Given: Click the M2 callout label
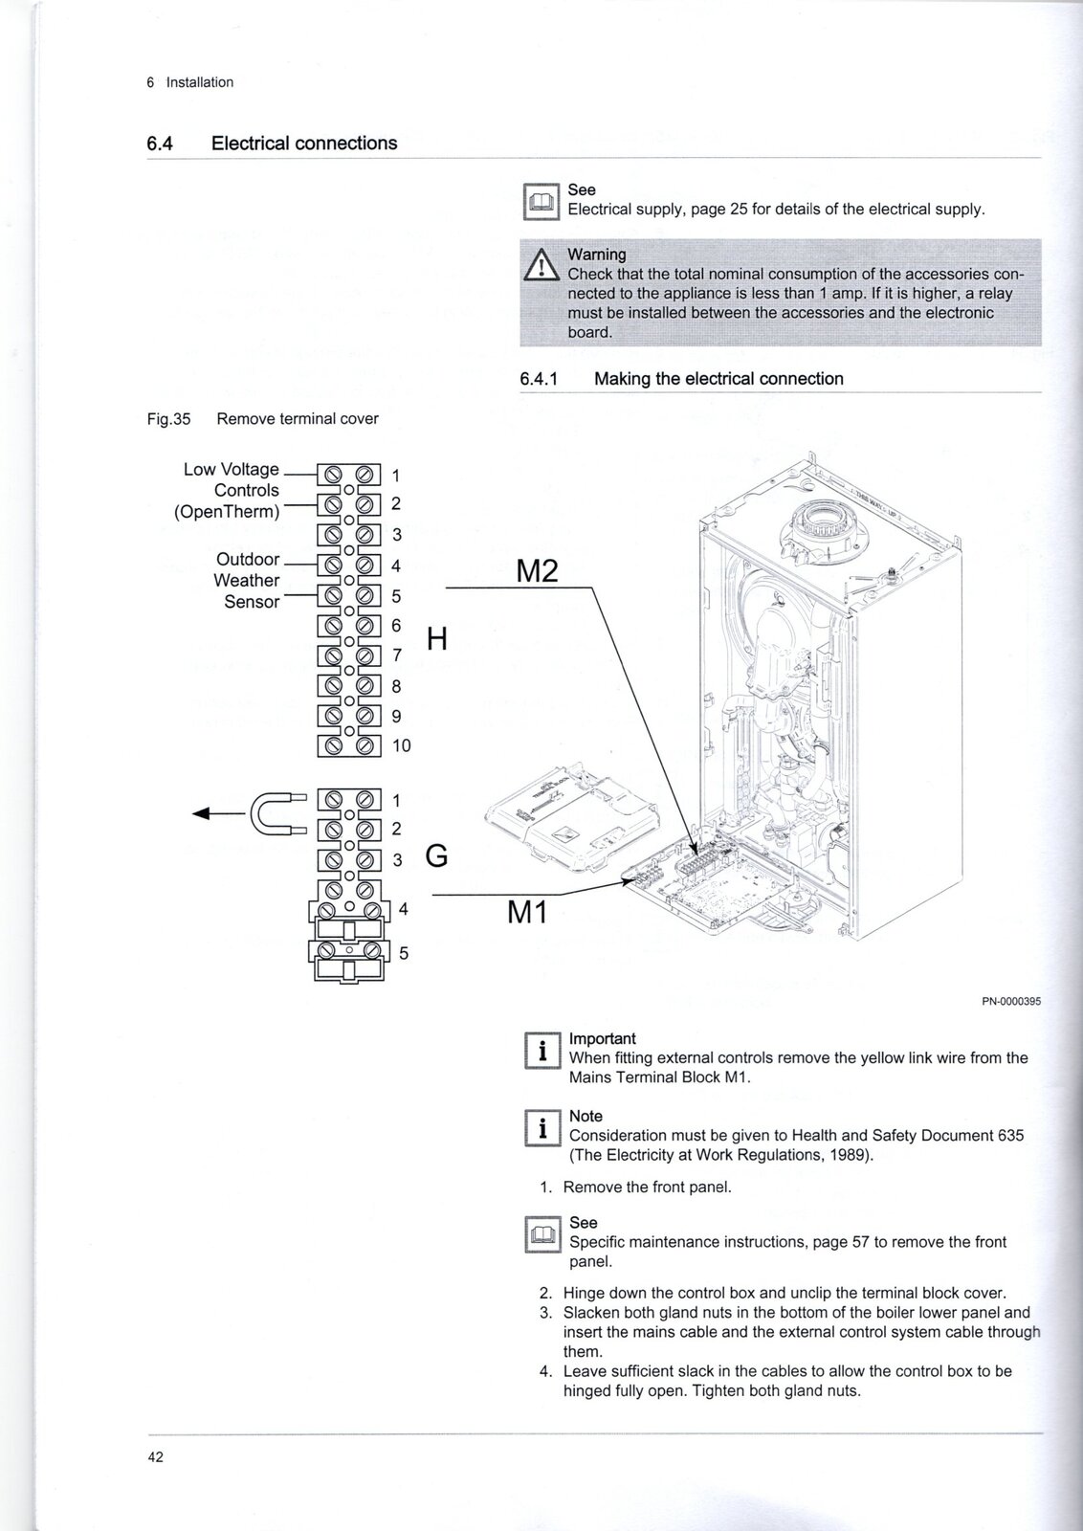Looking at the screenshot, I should click(537, 571).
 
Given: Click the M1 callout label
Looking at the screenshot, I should click(527, 913).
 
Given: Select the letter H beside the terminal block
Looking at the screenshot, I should click(437, 638).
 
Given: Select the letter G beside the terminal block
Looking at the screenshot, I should click(436, 855).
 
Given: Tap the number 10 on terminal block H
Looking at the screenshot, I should click(402, 745).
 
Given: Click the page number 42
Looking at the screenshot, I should click(155, 1457).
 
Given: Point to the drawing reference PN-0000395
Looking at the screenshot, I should click(1010, 1002).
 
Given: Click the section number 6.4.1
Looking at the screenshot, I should click(539, 379).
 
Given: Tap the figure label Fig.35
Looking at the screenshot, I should click(168, 419).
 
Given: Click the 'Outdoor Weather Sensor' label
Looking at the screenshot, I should click(247, 580).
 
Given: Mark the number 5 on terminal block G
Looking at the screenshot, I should click(404, 953).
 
